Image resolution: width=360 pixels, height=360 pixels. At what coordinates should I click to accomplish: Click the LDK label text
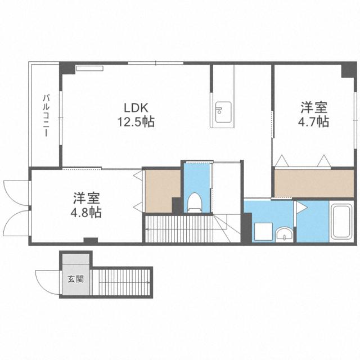coord(136,107)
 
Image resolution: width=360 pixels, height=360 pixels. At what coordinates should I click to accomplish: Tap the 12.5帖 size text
coord(136,121)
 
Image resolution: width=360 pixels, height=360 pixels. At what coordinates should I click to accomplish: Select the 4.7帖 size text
coord(314,121)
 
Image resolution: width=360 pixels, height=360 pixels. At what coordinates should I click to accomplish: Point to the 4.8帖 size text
coord(86,213)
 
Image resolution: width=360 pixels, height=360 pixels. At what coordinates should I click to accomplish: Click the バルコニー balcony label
coord(46,116)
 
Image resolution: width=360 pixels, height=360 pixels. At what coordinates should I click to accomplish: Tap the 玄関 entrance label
coord(76,279)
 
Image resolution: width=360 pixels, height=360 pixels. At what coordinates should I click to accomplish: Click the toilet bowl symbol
coord(195,202)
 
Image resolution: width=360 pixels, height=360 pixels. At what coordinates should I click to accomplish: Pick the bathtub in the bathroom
coord(342,221)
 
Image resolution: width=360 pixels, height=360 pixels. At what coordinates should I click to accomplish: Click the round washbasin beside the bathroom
coord(284,234)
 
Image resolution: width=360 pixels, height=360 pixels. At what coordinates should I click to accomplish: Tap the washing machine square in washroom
coord(263,232)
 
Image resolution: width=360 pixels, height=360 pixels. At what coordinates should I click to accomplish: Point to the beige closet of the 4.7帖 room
coord(314,183)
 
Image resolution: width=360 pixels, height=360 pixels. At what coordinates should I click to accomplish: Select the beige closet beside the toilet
coord(163,191)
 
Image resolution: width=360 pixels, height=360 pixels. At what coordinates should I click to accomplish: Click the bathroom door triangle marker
coord(301,208)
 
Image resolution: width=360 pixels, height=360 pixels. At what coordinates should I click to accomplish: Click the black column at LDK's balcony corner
coord(67,68)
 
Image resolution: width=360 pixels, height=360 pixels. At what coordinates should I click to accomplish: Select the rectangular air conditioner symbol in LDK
coord(90,68)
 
